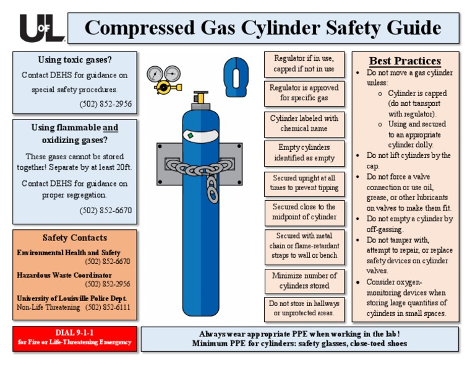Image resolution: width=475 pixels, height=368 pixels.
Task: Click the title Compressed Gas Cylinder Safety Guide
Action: [263, 28]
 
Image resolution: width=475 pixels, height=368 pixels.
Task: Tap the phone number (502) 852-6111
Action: [108, 307]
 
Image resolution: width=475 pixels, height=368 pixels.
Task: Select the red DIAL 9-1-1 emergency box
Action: [74, 338]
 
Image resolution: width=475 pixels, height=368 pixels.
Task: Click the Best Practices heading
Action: [404, 61]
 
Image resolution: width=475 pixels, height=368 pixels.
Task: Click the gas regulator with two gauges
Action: [164, 79]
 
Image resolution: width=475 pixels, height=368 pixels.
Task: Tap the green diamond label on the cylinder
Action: [191, 135]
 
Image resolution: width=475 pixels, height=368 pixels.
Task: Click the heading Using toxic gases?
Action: [75, 60]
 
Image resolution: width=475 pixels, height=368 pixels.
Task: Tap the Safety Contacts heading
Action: [75, 238]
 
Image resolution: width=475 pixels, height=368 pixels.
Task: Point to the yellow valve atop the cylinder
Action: [200, 98]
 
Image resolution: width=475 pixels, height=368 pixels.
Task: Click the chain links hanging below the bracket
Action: [212, 189]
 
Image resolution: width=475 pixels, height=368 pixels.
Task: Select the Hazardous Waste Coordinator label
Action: [64, 275]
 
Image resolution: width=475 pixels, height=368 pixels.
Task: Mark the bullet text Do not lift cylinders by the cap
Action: [408, 160]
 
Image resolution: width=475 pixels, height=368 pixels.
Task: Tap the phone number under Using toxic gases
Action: [105, 103]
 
